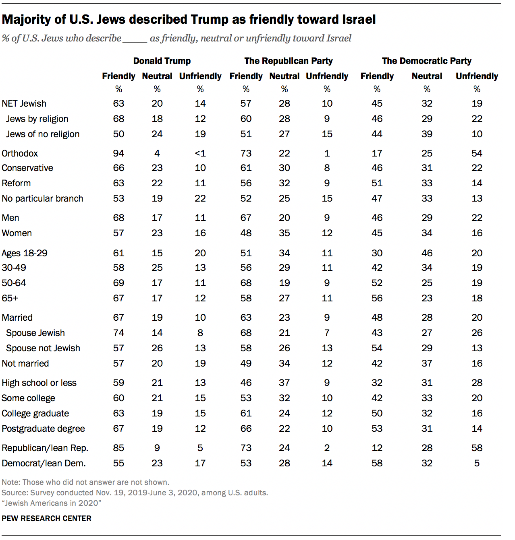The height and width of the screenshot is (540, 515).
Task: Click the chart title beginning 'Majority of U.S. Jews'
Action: (189, 19)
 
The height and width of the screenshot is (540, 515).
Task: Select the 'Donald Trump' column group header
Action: (162, 61)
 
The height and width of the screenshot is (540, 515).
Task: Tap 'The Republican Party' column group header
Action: (288, 61)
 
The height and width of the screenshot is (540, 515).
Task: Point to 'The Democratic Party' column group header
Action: (426, 61)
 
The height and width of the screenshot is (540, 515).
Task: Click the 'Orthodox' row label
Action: (20, 153)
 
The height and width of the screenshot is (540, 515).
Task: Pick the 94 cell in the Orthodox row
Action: (118, 153)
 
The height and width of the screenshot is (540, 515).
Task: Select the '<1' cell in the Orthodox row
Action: (200, 153)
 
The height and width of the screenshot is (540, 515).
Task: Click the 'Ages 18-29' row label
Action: (25, 253)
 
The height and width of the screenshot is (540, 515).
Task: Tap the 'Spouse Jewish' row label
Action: (35, 333)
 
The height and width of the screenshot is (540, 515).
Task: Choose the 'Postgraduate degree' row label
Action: (43, 429)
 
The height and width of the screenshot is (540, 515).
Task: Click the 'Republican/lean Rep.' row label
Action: (45, 448)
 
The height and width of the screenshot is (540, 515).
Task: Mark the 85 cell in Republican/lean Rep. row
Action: (118, 448)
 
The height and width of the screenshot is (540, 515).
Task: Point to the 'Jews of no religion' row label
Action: (43, 134)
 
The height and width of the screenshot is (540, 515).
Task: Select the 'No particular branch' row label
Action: (42, 198)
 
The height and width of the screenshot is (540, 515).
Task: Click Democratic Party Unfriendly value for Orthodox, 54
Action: (477, 153)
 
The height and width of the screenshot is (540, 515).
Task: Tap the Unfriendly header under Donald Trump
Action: (200, 76)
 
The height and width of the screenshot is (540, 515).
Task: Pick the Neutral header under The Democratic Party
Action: (427, 76)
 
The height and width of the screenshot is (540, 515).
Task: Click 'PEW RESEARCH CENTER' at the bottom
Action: (46, 518)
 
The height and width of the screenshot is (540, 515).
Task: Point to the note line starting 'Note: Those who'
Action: (85, 482)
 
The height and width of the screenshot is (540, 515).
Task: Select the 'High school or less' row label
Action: (39, 383)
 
